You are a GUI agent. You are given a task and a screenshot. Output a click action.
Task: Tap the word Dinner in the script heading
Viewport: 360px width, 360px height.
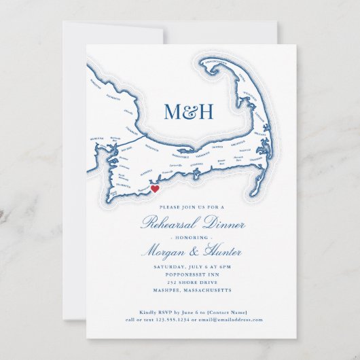221,223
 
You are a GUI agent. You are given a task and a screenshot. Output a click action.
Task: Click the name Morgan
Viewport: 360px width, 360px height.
164,251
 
